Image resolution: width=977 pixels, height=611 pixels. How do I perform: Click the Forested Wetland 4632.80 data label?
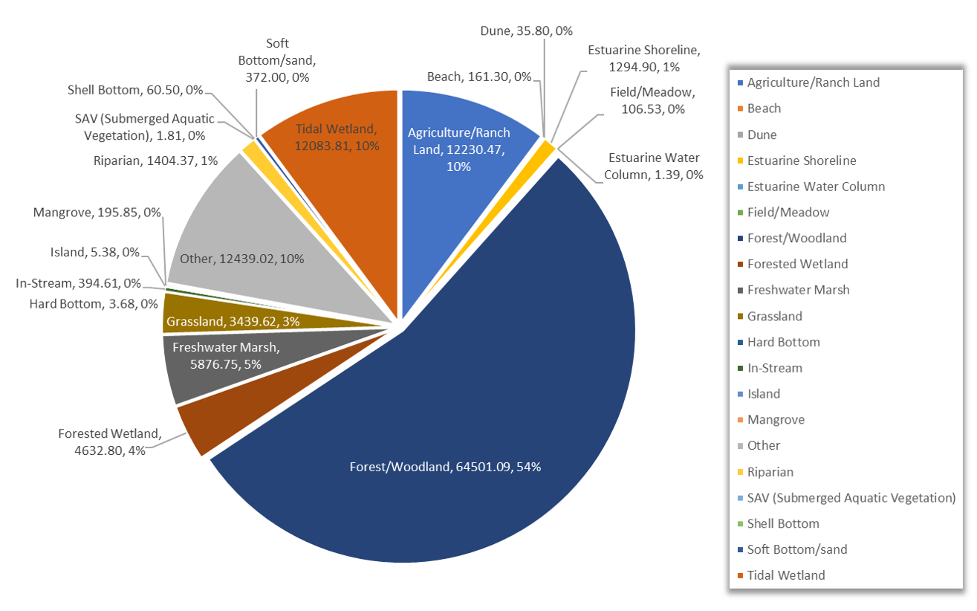pos(109,442)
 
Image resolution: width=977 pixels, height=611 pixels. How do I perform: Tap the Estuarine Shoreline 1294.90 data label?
pos(643,58)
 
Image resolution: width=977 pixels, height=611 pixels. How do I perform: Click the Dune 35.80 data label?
pos(525,32)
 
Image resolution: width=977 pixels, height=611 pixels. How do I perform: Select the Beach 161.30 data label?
pos(479,76)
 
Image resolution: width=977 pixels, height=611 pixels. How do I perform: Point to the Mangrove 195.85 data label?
pos(97,213)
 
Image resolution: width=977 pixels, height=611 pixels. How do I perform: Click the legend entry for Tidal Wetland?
pos(786,575)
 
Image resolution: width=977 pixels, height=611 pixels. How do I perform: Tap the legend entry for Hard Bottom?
pos(783,342)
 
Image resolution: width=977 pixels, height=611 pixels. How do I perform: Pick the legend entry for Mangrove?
pos(776,419)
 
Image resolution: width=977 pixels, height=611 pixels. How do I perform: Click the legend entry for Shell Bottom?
pos(783,523)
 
